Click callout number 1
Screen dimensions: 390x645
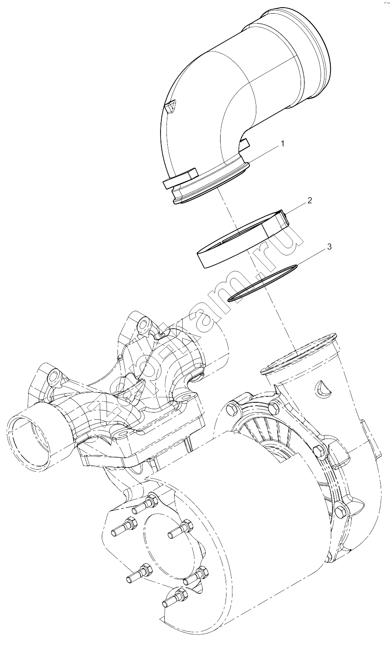tap(282, 143)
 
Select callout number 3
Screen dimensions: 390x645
tap(330, 247)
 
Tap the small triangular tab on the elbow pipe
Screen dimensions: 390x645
tap(170, 106)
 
